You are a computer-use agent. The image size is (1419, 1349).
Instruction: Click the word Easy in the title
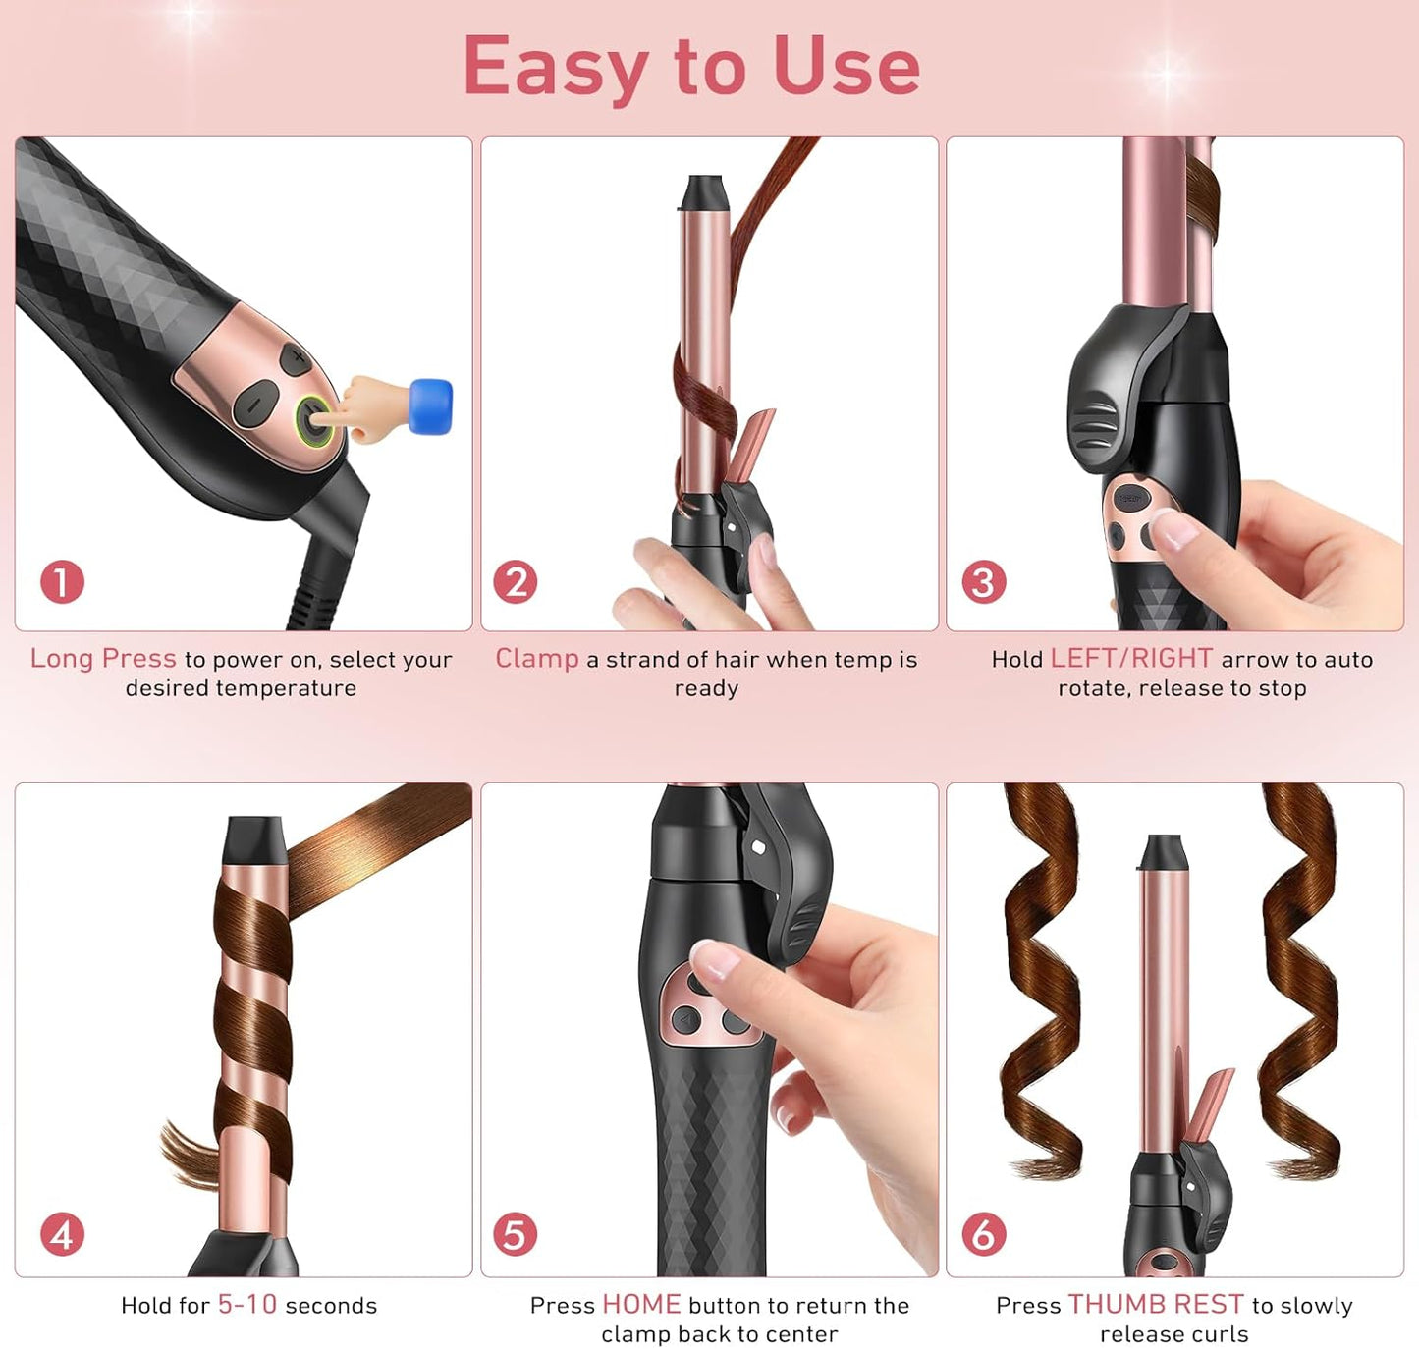555,67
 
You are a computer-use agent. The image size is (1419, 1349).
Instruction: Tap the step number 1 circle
62,582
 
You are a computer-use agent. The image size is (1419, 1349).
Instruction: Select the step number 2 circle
516,582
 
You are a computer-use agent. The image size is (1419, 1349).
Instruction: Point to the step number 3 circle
983,582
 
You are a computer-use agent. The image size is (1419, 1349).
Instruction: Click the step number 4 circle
62,1234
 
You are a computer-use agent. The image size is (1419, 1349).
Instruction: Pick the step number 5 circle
516,1234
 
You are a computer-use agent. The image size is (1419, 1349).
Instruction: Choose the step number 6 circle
983,1234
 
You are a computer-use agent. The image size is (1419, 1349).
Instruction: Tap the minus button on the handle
253,404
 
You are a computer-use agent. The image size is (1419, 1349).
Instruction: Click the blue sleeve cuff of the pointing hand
430,405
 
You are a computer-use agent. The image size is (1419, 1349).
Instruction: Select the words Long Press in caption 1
103,659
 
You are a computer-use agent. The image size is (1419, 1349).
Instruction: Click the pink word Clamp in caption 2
537,659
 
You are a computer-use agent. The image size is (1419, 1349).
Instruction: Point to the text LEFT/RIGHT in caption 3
1131,659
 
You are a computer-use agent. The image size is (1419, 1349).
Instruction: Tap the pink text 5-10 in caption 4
247,1305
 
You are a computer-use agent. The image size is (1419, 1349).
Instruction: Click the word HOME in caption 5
641,1305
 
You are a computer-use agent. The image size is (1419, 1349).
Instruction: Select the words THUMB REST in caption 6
1156,1305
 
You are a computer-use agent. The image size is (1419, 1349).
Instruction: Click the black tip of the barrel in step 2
704,192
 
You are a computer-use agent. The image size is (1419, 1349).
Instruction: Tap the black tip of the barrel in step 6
1165,851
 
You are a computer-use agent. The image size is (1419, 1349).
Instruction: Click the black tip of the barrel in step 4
255,840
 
